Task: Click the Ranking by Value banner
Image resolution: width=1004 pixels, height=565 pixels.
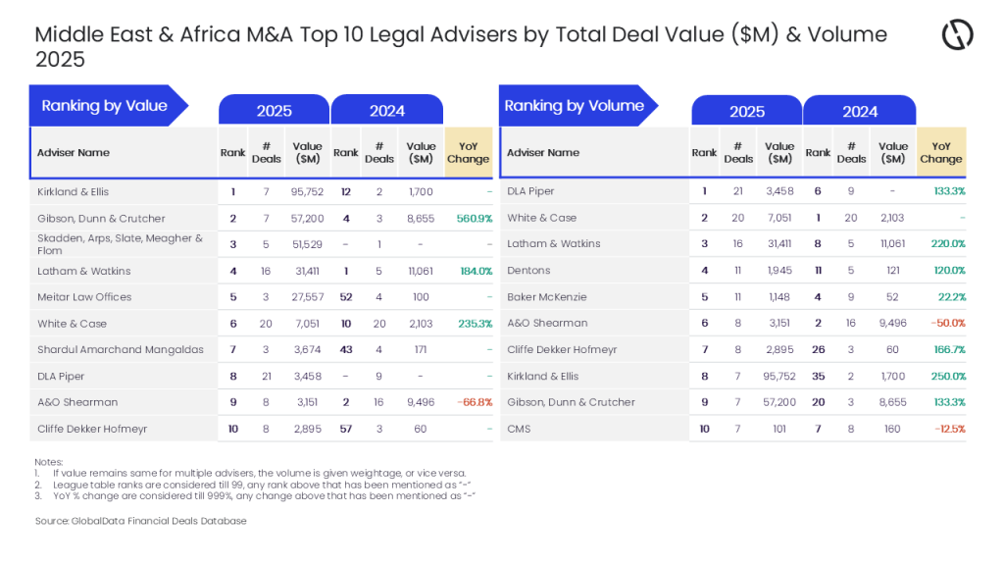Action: click(105, 106)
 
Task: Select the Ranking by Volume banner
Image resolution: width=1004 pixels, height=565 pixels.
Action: click(575, 106)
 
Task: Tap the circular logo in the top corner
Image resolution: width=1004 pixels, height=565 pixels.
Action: click(957, 35)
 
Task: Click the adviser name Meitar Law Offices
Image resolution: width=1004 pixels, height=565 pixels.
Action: click(84, 297)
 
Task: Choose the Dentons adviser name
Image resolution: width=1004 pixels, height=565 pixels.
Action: click(528, 271)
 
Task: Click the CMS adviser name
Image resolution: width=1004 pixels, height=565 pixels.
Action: click(519, 429)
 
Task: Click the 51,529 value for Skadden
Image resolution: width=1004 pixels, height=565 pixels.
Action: click(307, 244)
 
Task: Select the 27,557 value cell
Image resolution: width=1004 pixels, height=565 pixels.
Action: click(307, 297)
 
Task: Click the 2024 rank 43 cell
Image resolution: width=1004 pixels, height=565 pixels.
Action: click(346, 350)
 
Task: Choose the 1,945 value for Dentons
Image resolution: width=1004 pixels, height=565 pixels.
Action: click(780, 271)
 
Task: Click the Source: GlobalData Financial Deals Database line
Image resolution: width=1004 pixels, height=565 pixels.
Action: click(140, 521)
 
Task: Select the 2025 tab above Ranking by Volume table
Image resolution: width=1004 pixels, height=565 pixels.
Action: click(747, 111)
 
